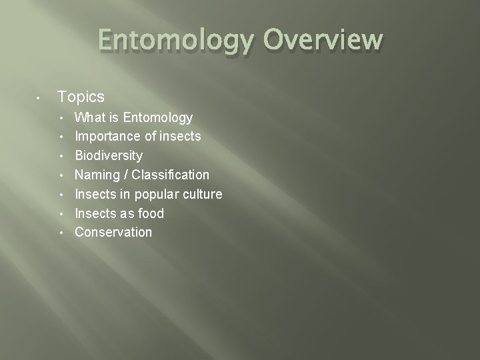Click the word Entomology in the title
click(x=175, y=41)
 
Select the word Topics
click(x=81, y=97)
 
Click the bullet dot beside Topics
click(x=39, y=98)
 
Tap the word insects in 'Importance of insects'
click(x=180, y=137)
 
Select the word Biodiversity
click(x=109, y=156)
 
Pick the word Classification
click(x=171, y=175)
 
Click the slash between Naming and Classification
click(x=127, y=175)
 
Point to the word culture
click(x=203, y=195)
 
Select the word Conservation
click(x=113, y=233)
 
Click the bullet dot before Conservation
click(x=61, y=233)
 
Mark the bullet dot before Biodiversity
click(x=61, y=157)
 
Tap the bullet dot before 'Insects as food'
click(x=61, y=214)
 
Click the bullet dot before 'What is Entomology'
click(x=61, y=119)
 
